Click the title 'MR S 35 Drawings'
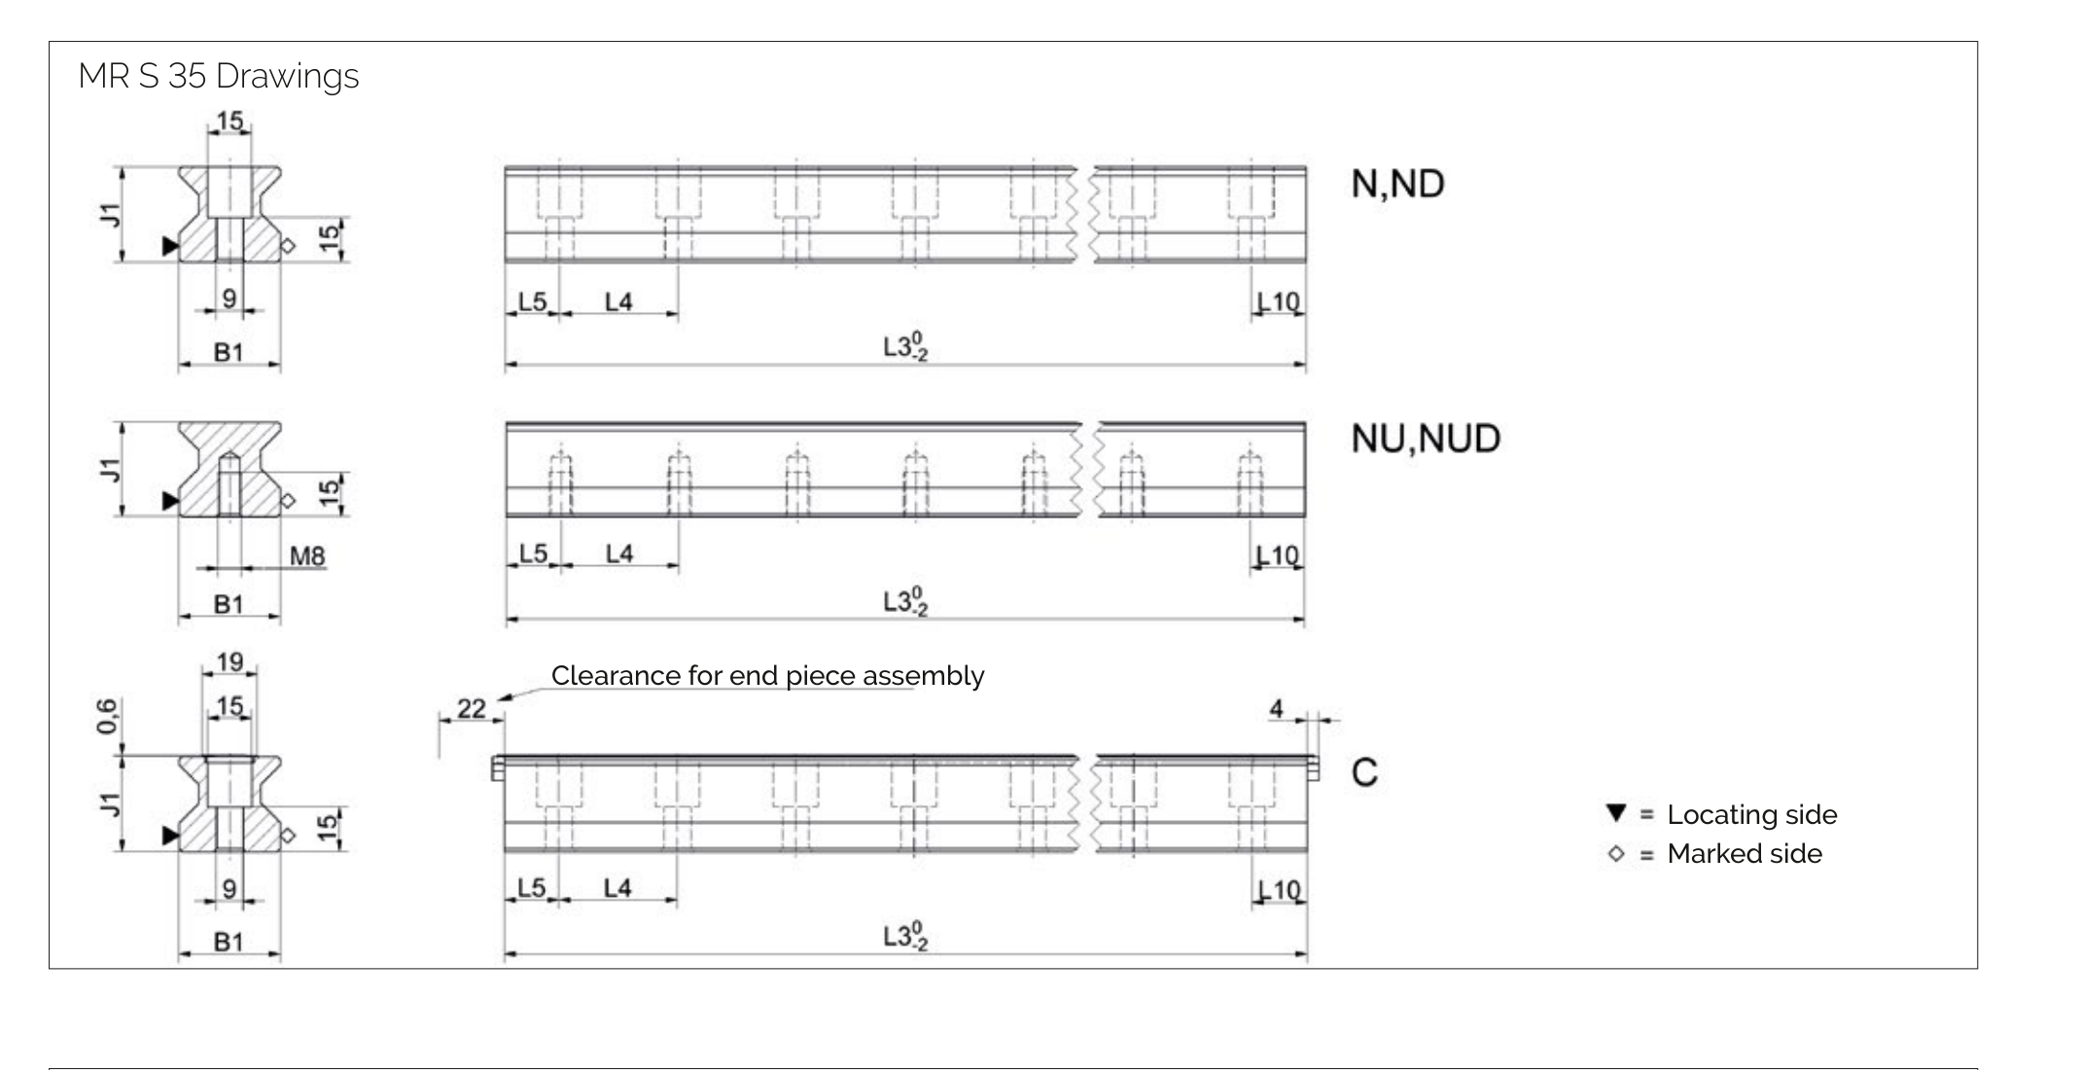[218, 76]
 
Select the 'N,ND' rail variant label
[1397, 184]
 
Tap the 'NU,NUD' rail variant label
[1426, 439]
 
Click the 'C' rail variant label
[1364, 773]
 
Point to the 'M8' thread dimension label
[307, 556]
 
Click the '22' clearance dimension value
[471, 708]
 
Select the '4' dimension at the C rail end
[1277, 709]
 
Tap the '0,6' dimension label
[107, 717]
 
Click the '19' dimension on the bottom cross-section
[229, 662]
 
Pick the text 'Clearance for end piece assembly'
[767, 675]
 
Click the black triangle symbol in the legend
[1616, 812]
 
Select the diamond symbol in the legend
[1616, 854]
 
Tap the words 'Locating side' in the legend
[1751, 814]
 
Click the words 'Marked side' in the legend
[1745, 854]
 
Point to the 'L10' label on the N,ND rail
[1279, 302]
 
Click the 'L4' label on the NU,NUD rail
[619, 553]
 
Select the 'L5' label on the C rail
[531, 887]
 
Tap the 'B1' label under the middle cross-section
[229, 604]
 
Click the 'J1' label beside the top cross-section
[110, 215]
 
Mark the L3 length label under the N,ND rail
[904, 346]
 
